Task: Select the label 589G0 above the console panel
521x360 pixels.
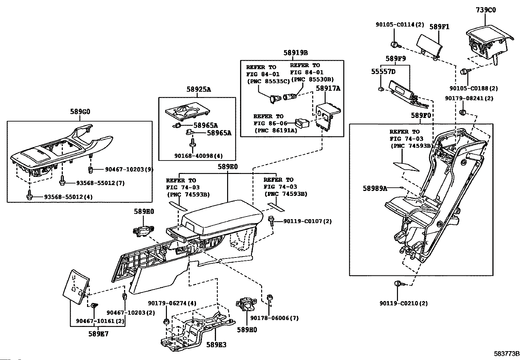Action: [80, 112]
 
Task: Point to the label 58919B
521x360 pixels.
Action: [296, 52]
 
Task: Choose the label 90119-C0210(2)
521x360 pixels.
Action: [404, 303]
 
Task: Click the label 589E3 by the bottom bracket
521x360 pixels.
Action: [216, 345]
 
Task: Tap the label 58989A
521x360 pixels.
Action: [375, 188]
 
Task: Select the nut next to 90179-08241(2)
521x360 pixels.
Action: [463, 113]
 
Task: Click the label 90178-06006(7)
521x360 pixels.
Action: [274, 318]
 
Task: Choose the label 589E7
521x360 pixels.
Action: [98, 334]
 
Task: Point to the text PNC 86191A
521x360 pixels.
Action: [276, 130]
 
